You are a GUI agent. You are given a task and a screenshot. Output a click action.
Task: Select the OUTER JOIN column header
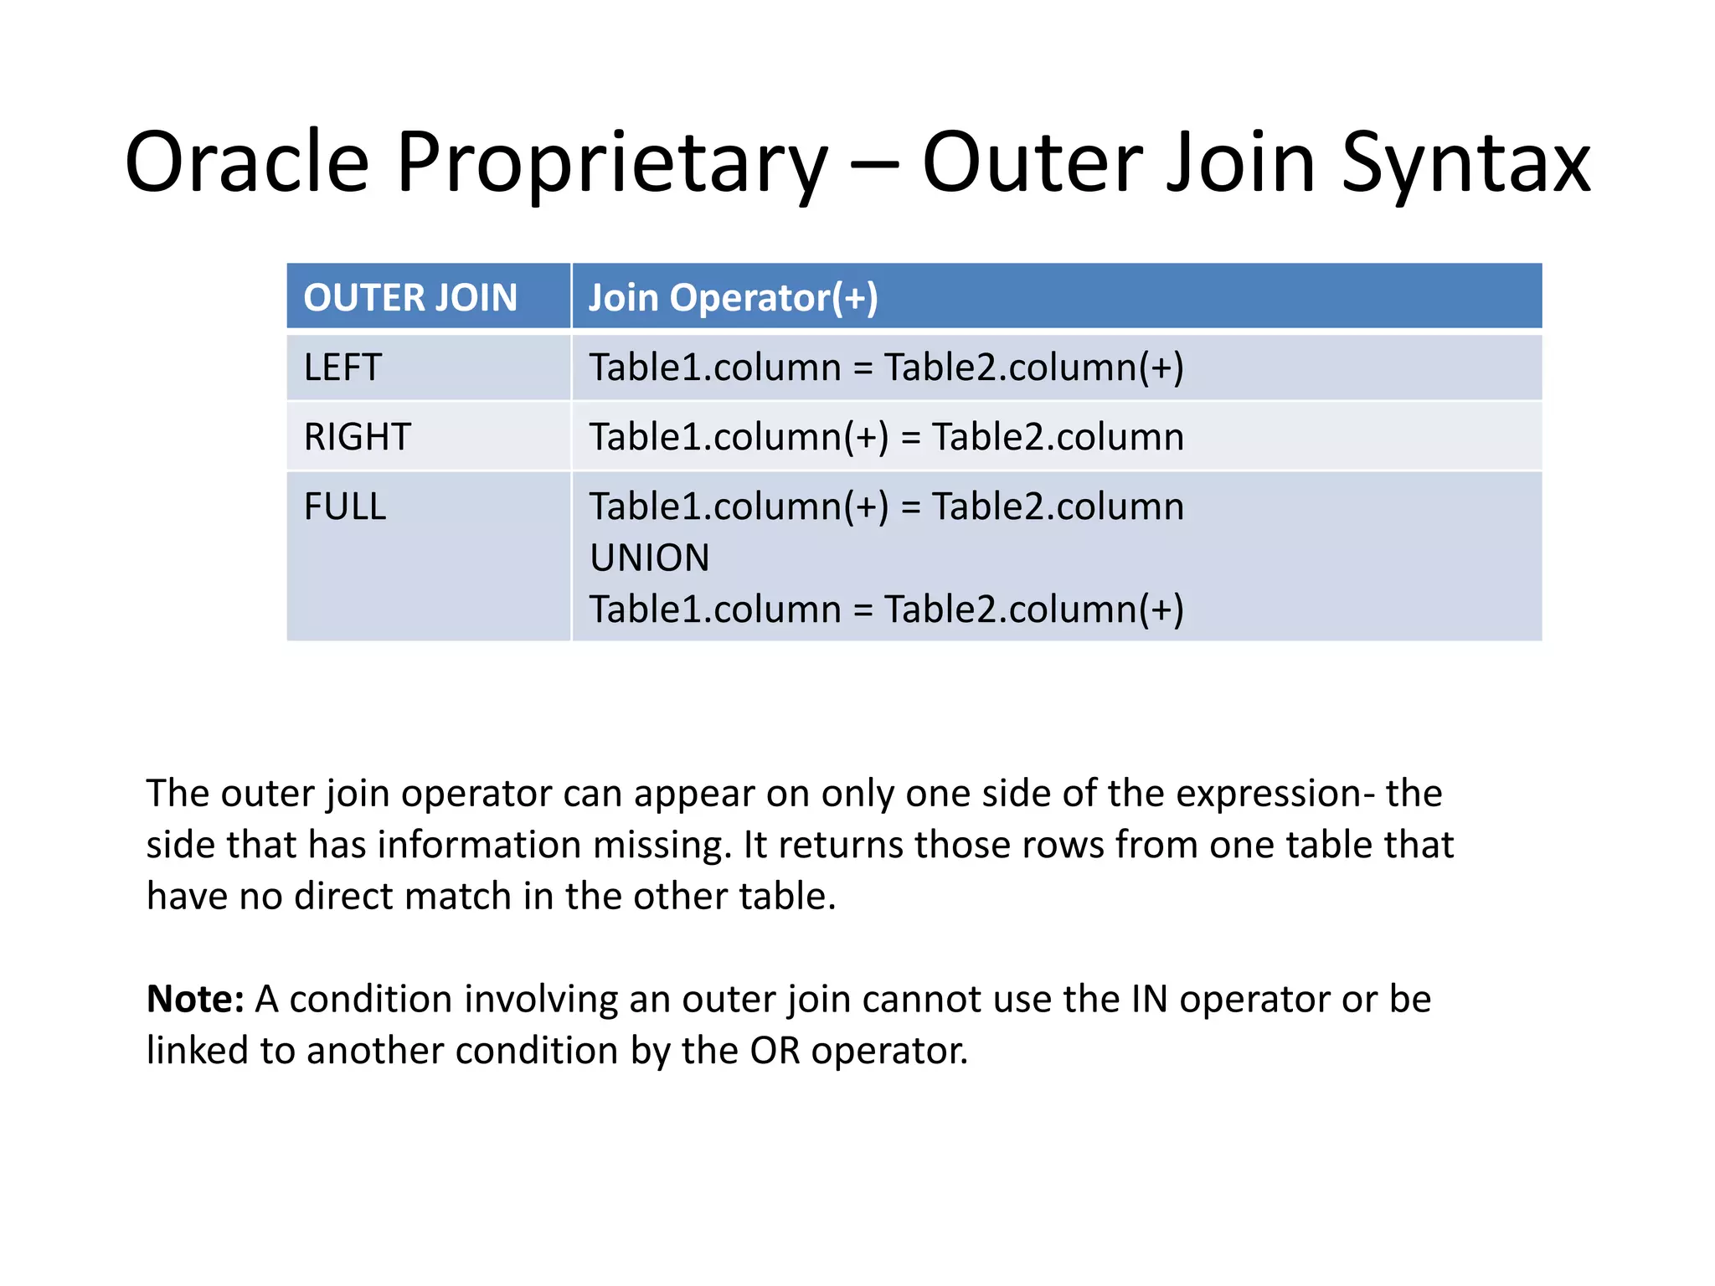[x=410, y=298]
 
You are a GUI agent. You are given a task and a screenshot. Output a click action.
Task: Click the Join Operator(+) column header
[x=733, y=298]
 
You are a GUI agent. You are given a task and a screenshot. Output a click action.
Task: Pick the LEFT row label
[x=342, y=368]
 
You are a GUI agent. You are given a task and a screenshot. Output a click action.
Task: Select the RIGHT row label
[x=357, y=437]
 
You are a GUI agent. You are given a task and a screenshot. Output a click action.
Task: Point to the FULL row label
[x=344, y=507]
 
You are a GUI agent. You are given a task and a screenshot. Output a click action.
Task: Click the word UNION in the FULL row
[x=649, y=558]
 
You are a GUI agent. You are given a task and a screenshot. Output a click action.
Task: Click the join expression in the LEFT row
[x=886, y=368]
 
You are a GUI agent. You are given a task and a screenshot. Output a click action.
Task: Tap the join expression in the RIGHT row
[x=886, y=437]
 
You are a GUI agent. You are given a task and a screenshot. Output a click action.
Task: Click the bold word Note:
[x=195, y=999]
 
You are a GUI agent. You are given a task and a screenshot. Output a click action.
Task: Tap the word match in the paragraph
[x=458, y=897]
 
